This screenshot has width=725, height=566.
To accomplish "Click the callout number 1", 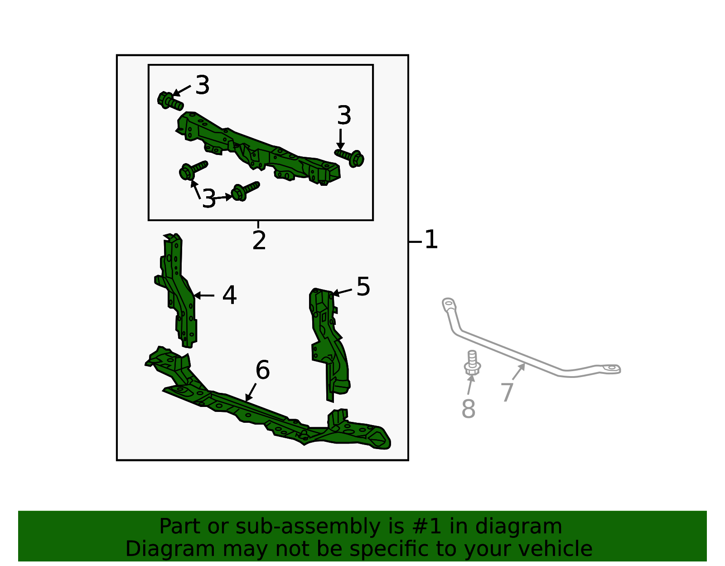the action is click(x=431, y=239).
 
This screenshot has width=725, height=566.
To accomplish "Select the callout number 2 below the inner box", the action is click(x=259, y=240).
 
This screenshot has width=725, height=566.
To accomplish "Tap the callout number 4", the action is click(x=230, y=295).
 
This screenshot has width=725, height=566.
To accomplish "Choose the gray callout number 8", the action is click(x=469, y=408).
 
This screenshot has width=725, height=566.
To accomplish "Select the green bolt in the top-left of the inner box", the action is click(x=170, y=101).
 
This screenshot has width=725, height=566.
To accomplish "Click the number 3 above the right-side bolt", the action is click(x=344, y=115).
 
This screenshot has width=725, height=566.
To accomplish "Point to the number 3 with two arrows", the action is click(x=209, y=198).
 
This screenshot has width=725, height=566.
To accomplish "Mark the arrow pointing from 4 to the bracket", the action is click(x=204, y=295).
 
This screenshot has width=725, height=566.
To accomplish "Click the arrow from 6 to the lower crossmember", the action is click(x=251, y=392).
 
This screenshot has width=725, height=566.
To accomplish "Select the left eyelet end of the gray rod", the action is click(x=449, y=304).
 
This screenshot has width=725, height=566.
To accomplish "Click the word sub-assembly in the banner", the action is click(x=308, y=526).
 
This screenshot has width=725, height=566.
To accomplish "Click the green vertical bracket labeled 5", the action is click(x=330, y=343).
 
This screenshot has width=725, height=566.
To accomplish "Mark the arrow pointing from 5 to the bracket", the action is click(x=342, y=292).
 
